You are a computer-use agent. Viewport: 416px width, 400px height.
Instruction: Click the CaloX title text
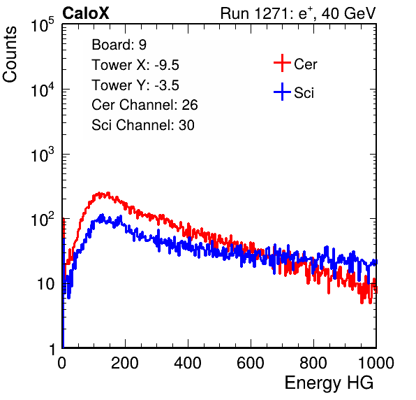click(85, 13)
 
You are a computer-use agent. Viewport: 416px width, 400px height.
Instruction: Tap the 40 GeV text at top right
click(348, 14)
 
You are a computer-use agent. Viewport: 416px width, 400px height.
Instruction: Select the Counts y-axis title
click(10, 54)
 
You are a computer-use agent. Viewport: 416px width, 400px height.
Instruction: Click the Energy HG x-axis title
click(329, 383)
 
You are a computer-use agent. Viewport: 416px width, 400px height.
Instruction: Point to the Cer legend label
click(305, 64)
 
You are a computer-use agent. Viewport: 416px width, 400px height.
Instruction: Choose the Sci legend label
click(304, 93)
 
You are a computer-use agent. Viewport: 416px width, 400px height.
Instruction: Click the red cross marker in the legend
click(282, 63)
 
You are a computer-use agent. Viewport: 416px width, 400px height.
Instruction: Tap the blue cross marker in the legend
click(282, 92)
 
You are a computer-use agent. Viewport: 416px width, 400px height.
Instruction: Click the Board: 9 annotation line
click(119, 45)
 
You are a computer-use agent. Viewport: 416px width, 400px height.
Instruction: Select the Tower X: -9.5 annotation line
click(135, 65)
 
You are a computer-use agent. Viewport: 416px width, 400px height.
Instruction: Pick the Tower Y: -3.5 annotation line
click(135, 85)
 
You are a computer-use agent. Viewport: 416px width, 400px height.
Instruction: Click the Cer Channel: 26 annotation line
click(144, 105)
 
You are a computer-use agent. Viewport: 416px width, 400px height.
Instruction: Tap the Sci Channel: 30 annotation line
click(143, 125)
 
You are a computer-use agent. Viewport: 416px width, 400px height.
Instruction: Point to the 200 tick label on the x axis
click(125, 363)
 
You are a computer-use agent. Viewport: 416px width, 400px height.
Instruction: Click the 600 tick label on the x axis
click(251, 363)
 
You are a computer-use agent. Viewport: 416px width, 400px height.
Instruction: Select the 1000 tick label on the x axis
click(376, 363)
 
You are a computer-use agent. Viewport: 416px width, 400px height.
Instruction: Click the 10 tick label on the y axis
click(45, 284)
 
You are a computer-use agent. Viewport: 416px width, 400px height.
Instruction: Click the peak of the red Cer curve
click(108, 193)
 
